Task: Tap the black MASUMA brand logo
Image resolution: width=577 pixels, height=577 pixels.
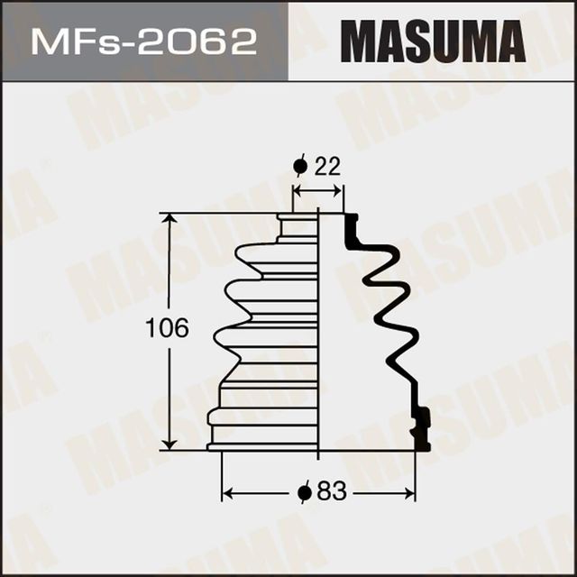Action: (x=432, y=41)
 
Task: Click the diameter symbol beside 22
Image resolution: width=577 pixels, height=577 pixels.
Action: (x=301, y=167)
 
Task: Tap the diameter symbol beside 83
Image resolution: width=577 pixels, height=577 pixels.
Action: (x=306, y=492)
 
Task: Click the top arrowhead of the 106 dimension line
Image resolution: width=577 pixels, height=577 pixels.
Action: (x=169, y=219)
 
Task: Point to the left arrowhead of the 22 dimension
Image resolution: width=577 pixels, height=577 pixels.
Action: (x=299, y=190)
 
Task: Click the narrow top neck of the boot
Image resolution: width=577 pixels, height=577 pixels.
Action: (x=298, y=225)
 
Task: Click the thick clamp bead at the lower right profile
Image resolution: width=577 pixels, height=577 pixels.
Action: (x=420, y=426)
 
